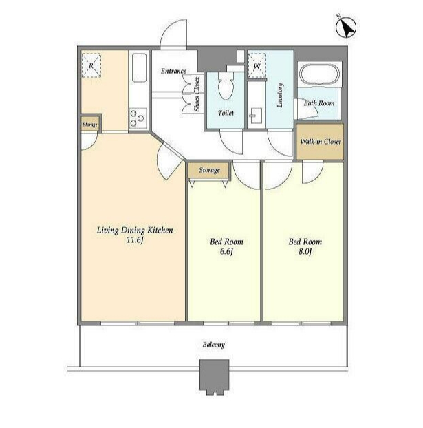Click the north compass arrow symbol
pyautogui.click(x=346, y=27)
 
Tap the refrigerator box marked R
pyautogui.click(x=91, y=65)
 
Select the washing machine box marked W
pyautogui.click(x=257, y=65)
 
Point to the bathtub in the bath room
pyautogui.click(x=319, y=74)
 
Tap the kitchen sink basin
pyautogui.click(x=139, y=67)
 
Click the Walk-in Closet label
pyautogui.click(x=321, y=141)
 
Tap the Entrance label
pyautogui.click(x=173, y=71)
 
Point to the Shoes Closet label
pyautogui.click(x=197, y=94)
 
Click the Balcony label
pyautogui.click(x=214, y=345)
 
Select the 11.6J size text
pyautogui.click(x=135, y=240)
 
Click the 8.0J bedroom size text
pyautogui.click(x=305, y=251)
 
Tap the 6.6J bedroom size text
pyautogui.click(x=226, y=251)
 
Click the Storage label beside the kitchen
pyautogui.click(x=90, y=125)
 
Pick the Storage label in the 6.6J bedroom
pyautogui.click(x=209, y=170)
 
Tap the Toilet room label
pyautogui.click(x=226, y=112)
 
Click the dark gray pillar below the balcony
pyautogui.click(x=214, y=376)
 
